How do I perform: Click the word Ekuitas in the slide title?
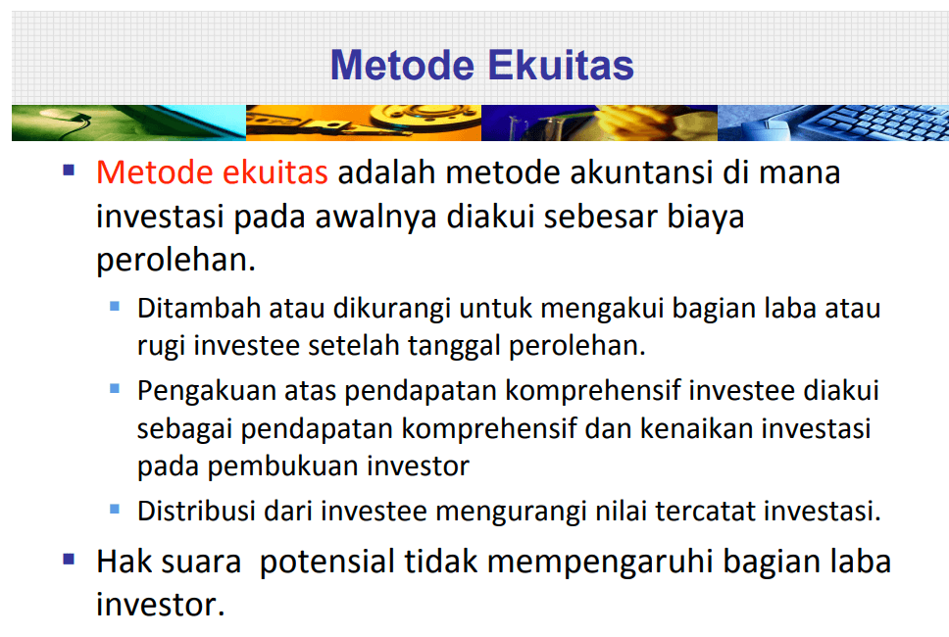561,65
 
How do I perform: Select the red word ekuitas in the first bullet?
275,172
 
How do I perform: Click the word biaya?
705,218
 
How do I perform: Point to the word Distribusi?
196,512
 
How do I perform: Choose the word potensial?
326,562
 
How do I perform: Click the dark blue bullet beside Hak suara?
69,559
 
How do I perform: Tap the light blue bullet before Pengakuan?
115,388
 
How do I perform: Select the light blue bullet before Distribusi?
115,509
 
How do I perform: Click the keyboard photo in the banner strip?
832,122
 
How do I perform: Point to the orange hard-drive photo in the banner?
364,122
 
